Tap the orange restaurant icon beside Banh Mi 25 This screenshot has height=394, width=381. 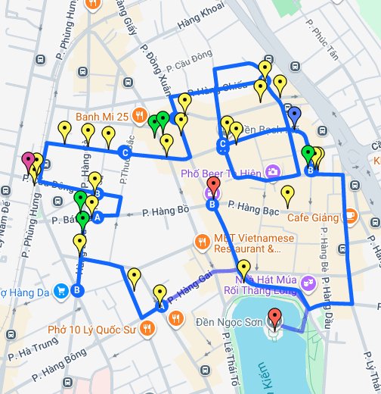coord(139,116)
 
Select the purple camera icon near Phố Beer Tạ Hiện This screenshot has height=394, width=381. coord(271,173)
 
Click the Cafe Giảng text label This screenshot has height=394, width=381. coord(311,217)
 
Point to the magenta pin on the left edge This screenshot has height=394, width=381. coord(29,161)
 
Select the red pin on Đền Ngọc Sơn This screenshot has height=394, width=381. coord(274,318)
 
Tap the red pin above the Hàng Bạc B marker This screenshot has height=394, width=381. coord(213,186)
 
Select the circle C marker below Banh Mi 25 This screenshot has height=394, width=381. coord(125,153)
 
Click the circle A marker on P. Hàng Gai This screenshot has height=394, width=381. coord(162,307)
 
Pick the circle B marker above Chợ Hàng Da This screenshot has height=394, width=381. coord(79,289)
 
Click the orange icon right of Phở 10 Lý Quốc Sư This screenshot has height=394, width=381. coord(175,319)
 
